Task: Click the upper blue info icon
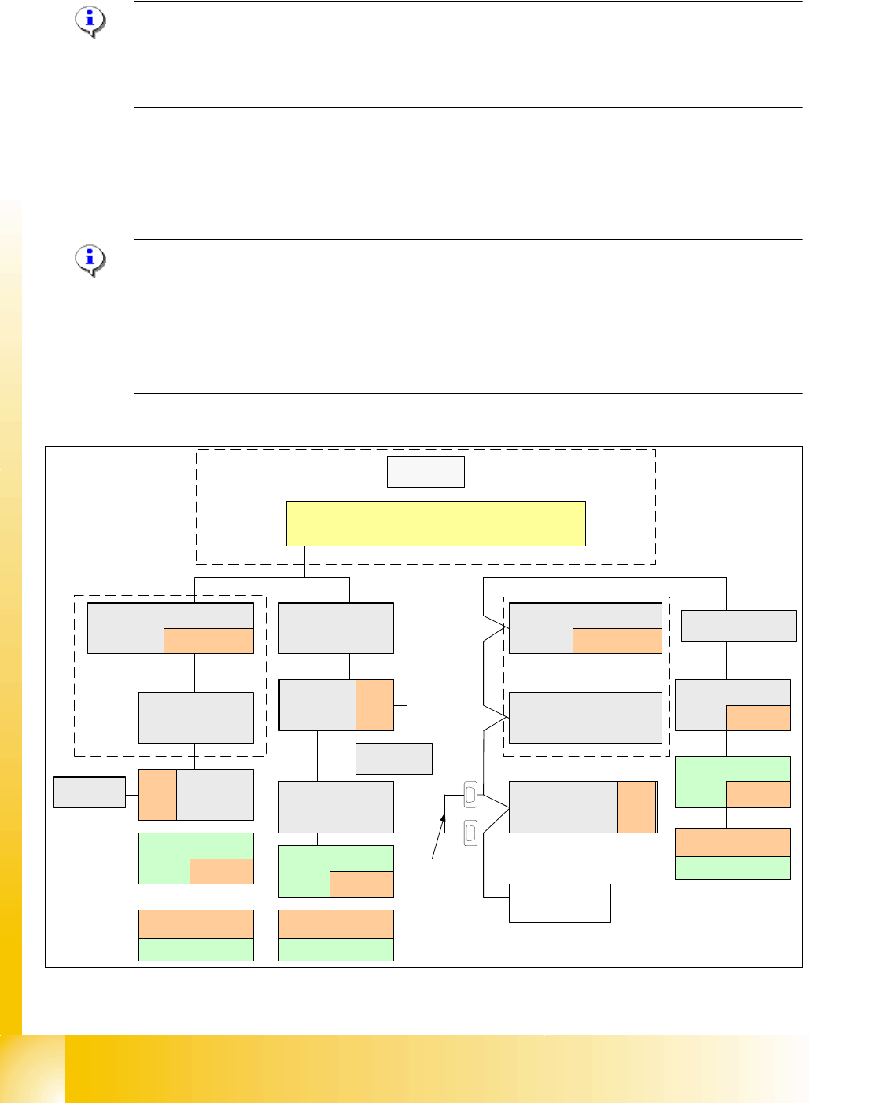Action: coord(90,21)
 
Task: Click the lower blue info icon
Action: coord(90,259)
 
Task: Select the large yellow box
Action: coord(436,523)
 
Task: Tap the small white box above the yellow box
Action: coord(426,472)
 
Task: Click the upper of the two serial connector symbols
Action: coord(470,795)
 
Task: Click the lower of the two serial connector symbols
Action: coord(470,833)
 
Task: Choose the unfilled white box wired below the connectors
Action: coord(559,903)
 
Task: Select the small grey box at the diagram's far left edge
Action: coord(89,792)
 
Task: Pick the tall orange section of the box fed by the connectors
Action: coord(636,807)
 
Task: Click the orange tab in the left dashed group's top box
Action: coord(208,641)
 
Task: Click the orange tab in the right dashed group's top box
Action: coord(617,641)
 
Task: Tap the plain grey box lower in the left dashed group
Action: coord(196,718)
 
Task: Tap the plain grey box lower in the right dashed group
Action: coord(585,718)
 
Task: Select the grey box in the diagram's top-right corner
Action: coord(739,626)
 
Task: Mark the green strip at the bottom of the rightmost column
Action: coord(732,867)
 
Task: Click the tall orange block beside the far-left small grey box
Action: coord(157,795)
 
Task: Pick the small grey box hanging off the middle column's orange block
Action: coord(394,759)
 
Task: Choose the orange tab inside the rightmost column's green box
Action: coord(757,795)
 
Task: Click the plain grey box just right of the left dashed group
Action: coord(336,628)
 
